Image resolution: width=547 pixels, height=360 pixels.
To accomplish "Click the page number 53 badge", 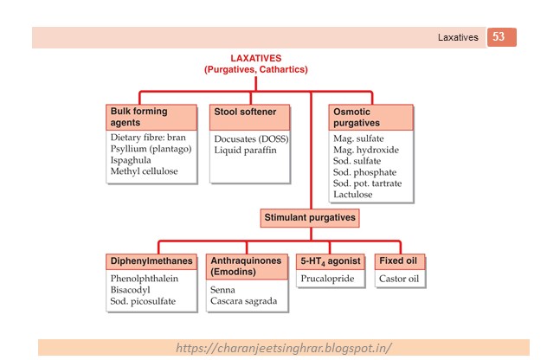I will pyautogui.click(x=500, y=37).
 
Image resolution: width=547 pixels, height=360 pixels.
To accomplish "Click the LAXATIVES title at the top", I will pyautogui.click(x=255, y=57).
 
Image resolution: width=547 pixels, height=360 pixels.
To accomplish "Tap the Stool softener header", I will pyautogui.click(x=249, y=112).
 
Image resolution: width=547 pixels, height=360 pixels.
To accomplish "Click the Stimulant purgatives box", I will pyautogui.click(x=309, y=217).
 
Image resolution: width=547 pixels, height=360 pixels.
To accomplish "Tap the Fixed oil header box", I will pyautogui.click(x=402, y=260).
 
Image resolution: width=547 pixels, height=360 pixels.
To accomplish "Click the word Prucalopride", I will pyautogui.click(x=330, y=279).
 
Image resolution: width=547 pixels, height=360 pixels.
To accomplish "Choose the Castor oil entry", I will pyautogui.click(x=400, y=279).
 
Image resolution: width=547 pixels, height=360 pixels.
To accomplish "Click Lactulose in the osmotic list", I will pyautogui.click(x=355, y=195).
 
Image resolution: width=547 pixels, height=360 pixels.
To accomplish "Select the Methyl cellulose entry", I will pyautogui.click(x=144, y=171).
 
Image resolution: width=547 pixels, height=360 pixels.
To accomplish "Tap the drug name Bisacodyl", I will pyautogui.click(x=132, y=290).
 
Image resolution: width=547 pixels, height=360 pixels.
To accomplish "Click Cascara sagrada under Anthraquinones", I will pyautogui.click(x=243, y=301).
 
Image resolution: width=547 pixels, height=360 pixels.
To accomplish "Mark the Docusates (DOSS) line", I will pyautogui.click(x=251, y=138).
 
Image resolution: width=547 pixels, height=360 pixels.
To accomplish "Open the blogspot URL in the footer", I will pyautogui.click(x=283, y=348).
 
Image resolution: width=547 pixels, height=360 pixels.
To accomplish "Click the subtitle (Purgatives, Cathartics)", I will pyautogui.click(x=255, y=68).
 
